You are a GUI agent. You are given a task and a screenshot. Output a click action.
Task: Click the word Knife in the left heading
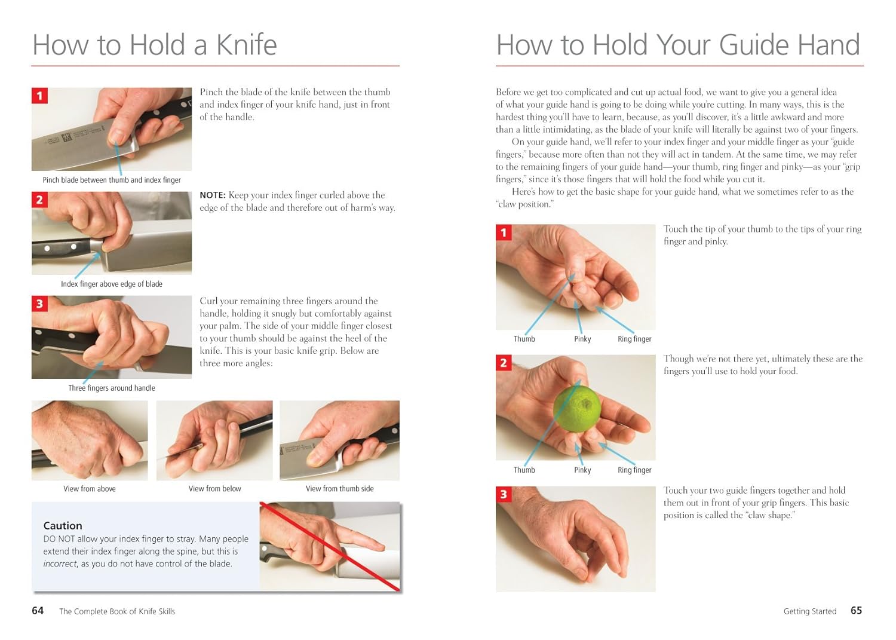tap(246, 44)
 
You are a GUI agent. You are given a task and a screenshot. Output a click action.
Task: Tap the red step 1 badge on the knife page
tap(39, 96)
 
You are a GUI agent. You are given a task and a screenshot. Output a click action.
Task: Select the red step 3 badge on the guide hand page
tap(504, 494)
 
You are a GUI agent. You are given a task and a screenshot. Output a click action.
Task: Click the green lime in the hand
tap(577, 408)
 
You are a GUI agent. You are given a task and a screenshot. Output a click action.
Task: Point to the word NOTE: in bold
tap(213, 195)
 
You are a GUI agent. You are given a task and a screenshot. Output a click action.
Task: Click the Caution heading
tap(62, 525)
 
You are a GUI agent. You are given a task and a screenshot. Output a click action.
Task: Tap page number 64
tap(38, 610)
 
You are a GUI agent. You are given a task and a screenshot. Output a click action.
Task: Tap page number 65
tap(856, 610)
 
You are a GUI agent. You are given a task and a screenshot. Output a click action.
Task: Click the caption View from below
tap(215, 489)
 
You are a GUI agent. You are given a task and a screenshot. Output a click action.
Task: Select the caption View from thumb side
tap(340, 489)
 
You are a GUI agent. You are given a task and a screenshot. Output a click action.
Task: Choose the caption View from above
tap(90, 489)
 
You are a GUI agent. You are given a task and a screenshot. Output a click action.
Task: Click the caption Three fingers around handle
tap(112, 388)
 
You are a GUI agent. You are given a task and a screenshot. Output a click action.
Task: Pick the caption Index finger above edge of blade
tap(112, 284)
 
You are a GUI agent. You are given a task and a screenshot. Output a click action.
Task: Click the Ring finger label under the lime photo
tap(634, 470)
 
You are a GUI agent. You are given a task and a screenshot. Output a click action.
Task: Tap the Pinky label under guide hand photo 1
tap(582, 339)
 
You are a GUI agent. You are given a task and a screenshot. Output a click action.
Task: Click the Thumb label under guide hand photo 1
tap(524, 339)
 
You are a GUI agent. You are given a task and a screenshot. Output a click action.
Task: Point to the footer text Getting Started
tap(809, 611)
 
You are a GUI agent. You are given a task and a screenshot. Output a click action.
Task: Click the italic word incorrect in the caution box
tap(60, 564)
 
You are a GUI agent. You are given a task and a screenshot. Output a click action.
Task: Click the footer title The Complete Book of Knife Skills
tap(117, 611)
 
